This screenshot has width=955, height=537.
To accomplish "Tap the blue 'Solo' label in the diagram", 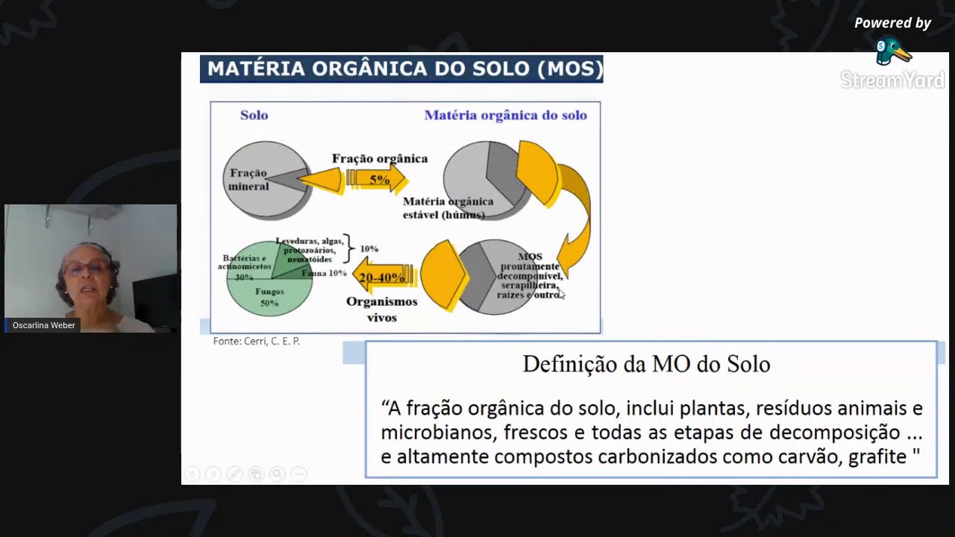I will tap(254, 115).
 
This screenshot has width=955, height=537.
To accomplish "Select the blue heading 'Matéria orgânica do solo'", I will tap(505, 115).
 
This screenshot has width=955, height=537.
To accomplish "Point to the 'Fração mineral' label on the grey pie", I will tap(248, 180).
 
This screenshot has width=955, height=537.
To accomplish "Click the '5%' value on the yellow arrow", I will tap(379, 180).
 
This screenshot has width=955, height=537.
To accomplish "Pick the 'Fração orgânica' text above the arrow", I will tap(380, 158).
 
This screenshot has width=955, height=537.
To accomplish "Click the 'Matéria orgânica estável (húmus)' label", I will tap(448, 208).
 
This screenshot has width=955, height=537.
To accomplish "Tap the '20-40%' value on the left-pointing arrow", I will tap(381, 277).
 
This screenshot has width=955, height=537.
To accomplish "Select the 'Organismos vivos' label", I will tap(381, 309).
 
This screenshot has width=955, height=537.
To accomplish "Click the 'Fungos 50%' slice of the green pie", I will tap(269, 297).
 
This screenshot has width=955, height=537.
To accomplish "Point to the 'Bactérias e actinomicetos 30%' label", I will tap(245, 266).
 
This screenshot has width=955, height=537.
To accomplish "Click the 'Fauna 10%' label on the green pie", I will tap(324, 274).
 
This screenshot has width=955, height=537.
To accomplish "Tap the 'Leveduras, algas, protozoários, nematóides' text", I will tap(310, 250).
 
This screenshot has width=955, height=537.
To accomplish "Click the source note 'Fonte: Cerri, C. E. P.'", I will tap(257, 341).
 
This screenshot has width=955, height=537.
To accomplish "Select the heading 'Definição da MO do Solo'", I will tap(646, 364).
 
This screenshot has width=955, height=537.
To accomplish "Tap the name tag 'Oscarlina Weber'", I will tap(43, 325).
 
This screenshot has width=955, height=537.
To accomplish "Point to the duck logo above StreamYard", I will tap(892, 51).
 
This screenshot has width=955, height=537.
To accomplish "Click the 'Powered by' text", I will tap(892, 23).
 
